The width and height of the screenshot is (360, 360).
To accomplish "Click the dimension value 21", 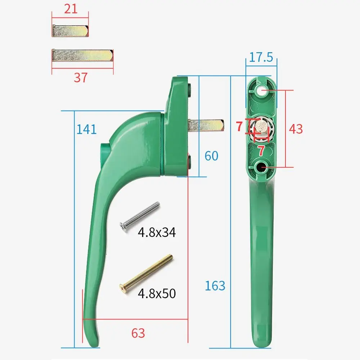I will click(x=71, y=9).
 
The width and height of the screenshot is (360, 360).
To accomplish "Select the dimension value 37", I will click(x=81, y=77).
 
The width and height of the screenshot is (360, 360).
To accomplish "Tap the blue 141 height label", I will click(x=86, y=129).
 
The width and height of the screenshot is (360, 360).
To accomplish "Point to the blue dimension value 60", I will click(x=211, y=156).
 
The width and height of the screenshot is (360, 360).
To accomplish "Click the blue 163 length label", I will click(x=215, y=285).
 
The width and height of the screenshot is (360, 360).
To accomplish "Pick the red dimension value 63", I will click(x=138, y=333).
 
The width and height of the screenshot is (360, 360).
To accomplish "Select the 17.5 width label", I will click(x=261, y=58).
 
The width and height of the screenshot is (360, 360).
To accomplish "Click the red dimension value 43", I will click(x=296, y=129).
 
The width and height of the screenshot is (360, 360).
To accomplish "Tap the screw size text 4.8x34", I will click(x=157, y=233).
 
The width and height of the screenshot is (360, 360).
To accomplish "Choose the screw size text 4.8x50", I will click(x=157, y=294).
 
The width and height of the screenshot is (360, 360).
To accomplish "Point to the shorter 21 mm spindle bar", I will click(x=70, y=31).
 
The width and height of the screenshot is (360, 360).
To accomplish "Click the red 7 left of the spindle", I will click(x=239, y=127).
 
